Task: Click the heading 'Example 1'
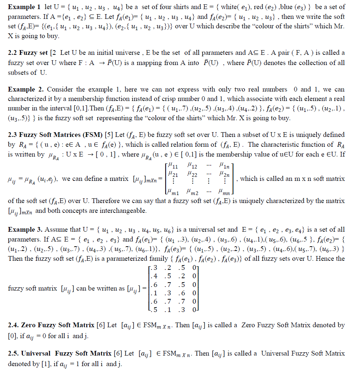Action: (x=24, y=7)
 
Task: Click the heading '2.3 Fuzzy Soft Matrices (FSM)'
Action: (x=55, y=135)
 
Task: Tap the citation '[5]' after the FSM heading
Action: (x=109, y=135)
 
